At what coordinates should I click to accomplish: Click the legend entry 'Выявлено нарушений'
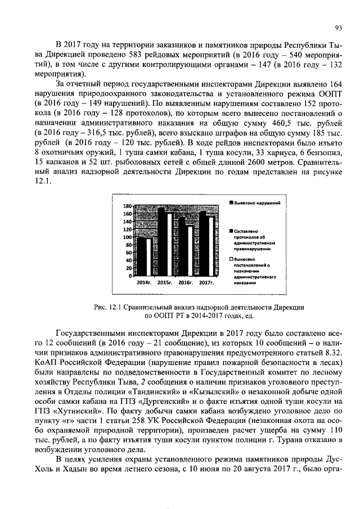tap(256, 201)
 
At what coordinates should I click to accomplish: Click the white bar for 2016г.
tap(191, 251)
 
